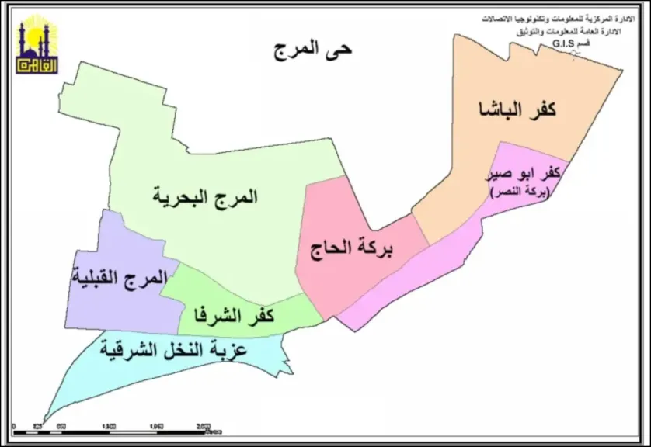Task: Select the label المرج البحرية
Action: (x=204, y=197)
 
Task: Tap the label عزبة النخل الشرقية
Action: (x=173, y=350)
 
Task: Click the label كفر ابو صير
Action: (x=522, y=174)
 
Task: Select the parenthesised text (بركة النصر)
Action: (x=519, y=192)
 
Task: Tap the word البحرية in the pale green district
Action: (x=179, y=197)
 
